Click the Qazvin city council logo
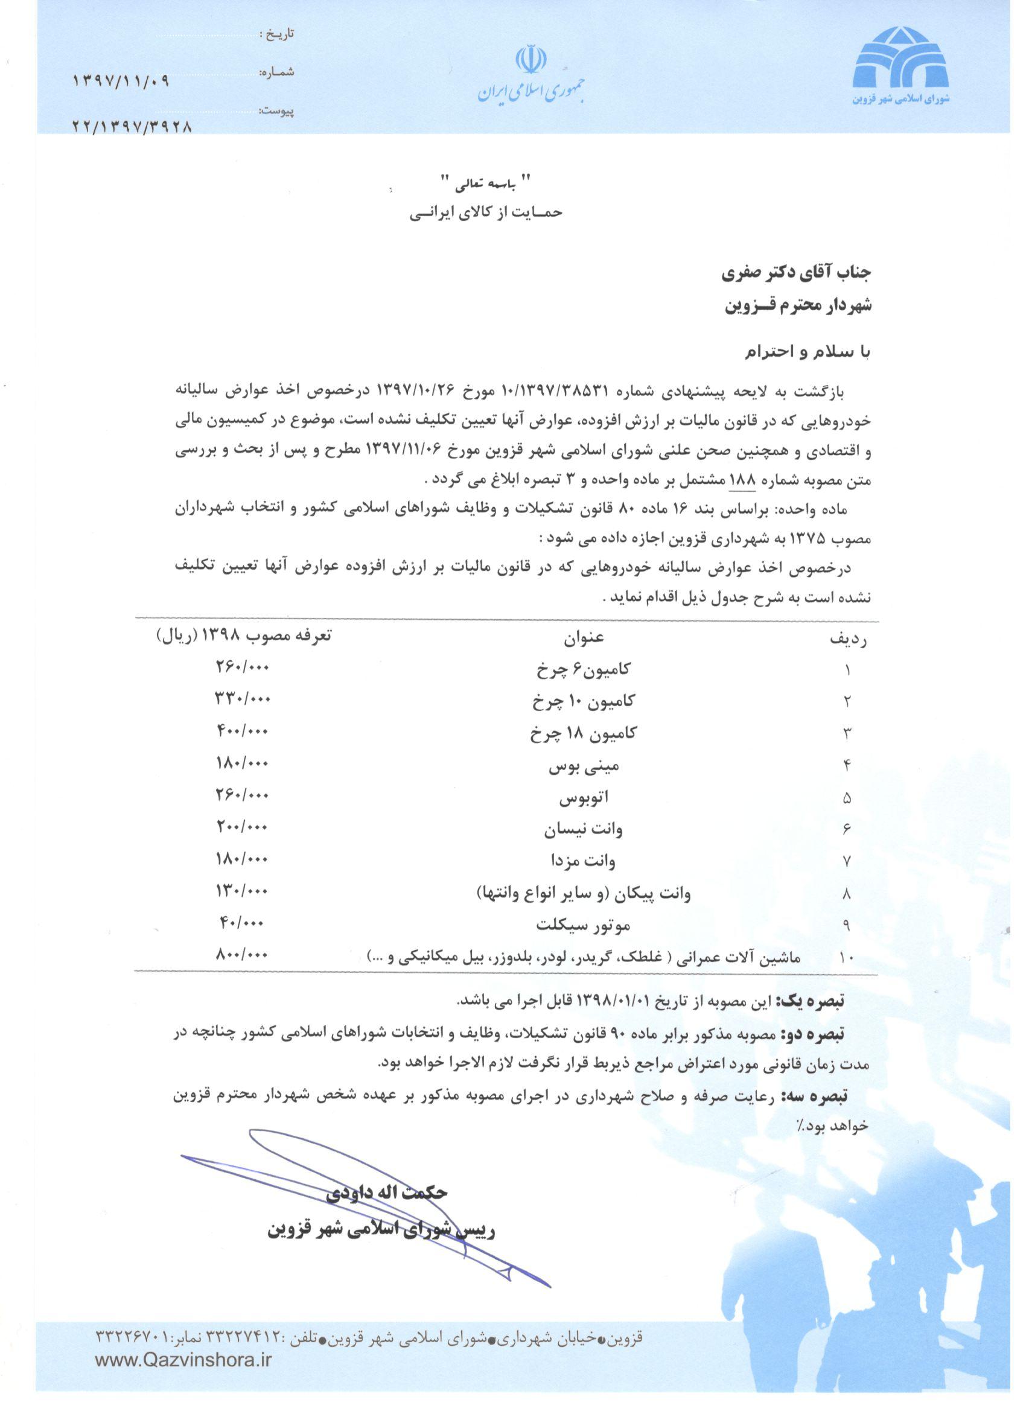[x=901, y=64]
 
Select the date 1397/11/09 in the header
[x=121, y=81]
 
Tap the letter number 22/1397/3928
[x=132, y=126]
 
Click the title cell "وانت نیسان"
[x=583, y=830]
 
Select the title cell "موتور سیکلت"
[x=583, y=925]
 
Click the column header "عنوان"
[x=584, y=637]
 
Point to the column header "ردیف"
[x=849, y=640]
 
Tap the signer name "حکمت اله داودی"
[x=386, y=1191]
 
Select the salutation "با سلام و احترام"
[x=808, y=352]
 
